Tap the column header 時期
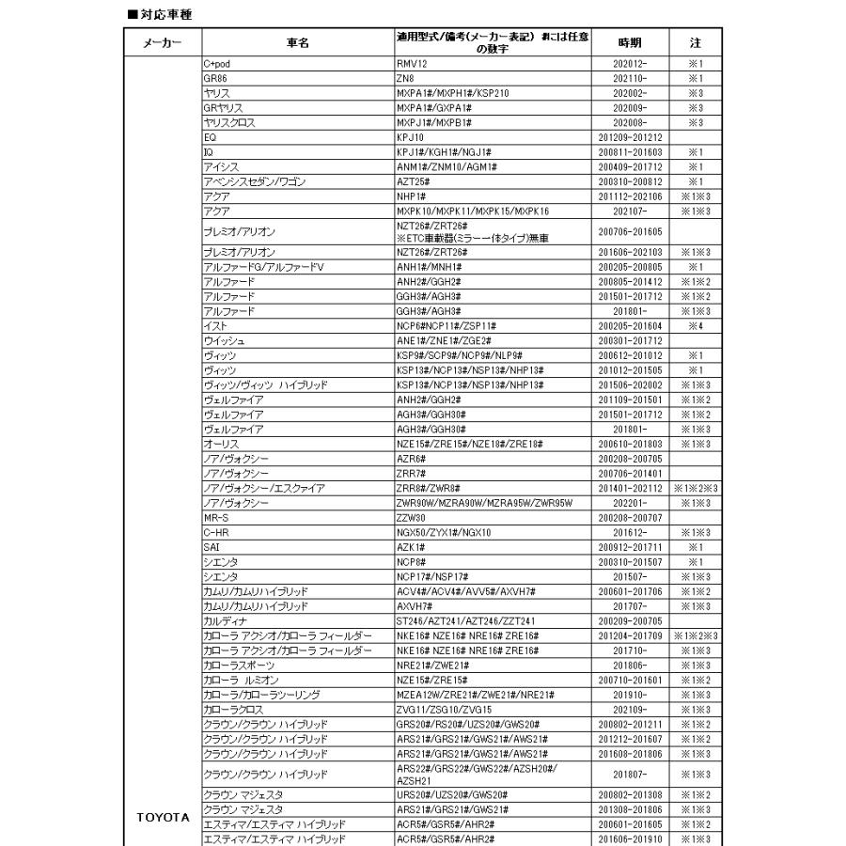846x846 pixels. click(x=630, y=43)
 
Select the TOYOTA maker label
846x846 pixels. click(x=157, y=817)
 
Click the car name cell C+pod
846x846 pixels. click(x=217, y=63)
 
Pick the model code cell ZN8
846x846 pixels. click(x=405, y=78)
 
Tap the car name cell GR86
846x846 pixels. click(x=215, y=78)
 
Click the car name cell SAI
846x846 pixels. click(x=212, y=547)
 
